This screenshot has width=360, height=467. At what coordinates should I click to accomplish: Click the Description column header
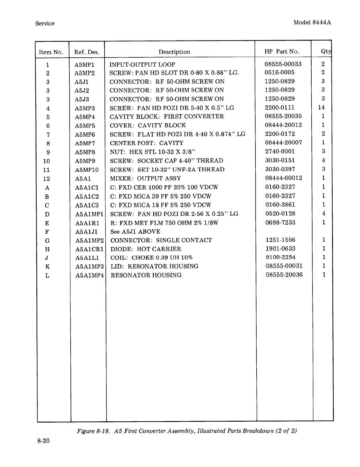(x=174, y=52)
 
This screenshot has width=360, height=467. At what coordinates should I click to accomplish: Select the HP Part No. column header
(x=282, y=52)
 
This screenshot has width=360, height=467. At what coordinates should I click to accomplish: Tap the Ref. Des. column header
(x=87, y=52)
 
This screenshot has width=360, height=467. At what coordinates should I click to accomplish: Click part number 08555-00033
(x=283, y=64)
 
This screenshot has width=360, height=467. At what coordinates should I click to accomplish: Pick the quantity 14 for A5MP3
(x=321, y=108)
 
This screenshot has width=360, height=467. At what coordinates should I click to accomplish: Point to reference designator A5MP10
(x=87, y=170)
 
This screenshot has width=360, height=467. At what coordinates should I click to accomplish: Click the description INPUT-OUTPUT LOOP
(x=142, y=65)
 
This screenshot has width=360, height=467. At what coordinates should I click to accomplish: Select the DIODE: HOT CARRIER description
(x=146, y=249)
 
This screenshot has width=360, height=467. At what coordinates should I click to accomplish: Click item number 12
(x=47, y=179)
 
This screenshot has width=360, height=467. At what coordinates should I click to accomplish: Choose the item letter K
(x=47, y=267)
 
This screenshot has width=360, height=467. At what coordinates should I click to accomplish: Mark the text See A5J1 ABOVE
(x=135, y=232)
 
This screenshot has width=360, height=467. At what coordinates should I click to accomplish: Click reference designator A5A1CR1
(x=89, y=249)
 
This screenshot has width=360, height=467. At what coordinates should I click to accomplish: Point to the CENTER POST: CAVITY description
(x=146, y=143)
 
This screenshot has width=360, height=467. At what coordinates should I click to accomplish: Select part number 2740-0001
(x=280, y=152)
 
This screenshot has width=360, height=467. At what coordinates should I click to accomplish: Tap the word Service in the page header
(x=45, y=23)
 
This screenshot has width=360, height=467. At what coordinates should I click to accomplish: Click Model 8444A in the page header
(x=312, y=23)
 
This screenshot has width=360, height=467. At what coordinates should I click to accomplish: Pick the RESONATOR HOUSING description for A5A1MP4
(x=146, y=275)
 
